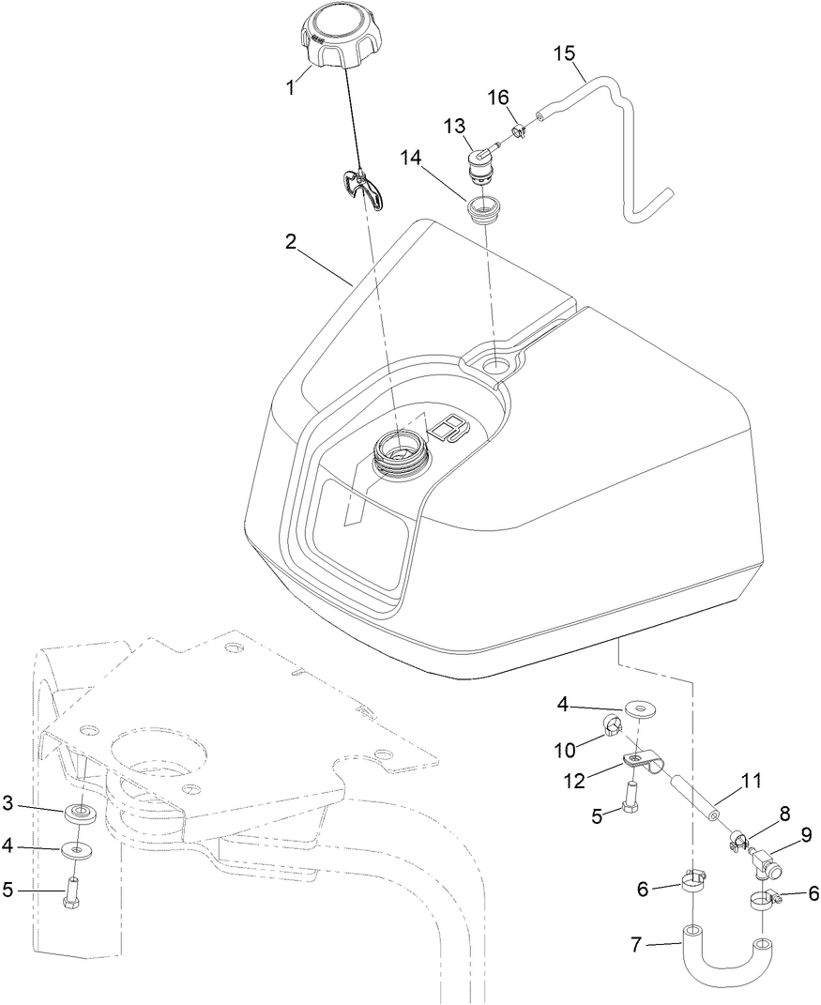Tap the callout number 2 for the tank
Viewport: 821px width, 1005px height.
292,241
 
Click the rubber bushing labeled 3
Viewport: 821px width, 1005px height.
82,810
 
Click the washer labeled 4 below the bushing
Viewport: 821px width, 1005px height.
79,849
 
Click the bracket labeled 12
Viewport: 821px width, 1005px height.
642,758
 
